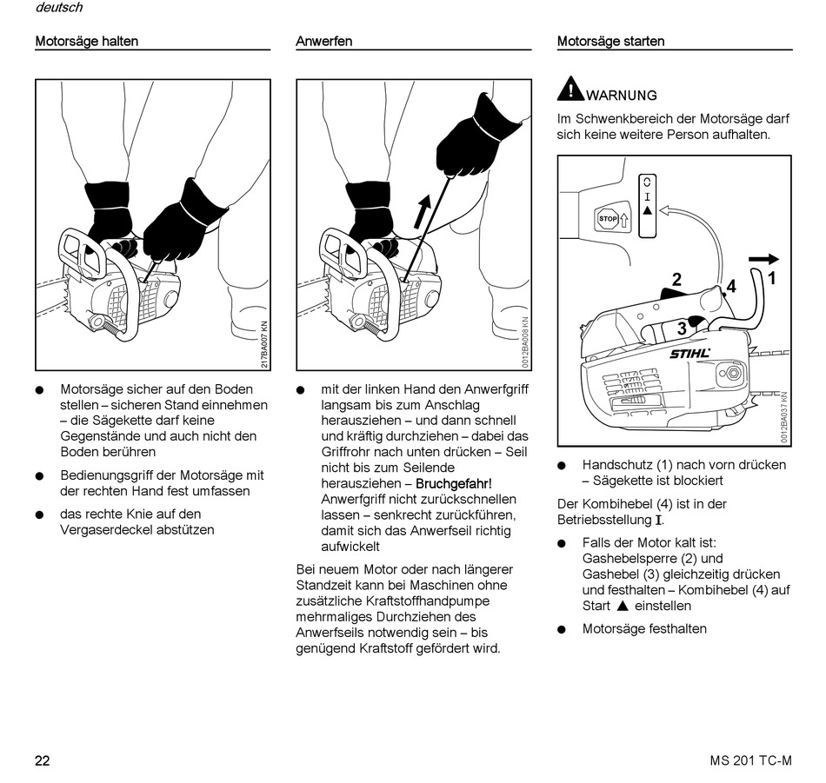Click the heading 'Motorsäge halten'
pos(86,41)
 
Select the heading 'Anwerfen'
pos(324,41)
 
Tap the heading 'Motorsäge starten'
pos(610,41)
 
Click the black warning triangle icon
pos(570,89)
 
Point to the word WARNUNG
pos(622,96)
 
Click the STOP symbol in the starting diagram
pos(608,219)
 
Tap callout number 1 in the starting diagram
pos(771,279)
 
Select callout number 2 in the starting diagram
pos(676,280)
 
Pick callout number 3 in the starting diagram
pos(682,328)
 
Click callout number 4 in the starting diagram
pos(731,286)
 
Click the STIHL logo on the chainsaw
pos(689,353)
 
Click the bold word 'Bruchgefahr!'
pos(454,483)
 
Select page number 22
pos(43,761)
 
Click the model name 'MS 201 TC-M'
pos(750,761)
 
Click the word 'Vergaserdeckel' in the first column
pos(103,529)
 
